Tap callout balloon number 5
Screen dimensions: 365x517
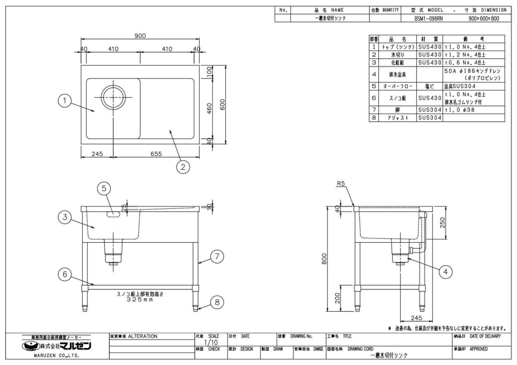click(x=104, y=188)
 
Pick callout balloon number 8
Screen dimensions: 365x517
click(x=217, y=302)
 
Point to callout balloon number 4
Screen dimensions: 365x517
click(x=446, y=272)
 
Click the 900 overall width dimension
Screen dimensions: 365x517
click(x=140, y=36)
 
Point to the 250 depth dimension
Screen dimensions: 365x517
click(x=443, y=222)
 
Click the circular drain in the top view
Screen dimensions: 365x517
click(x=113, y=97)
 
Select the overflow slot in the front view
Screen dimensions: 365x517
click(x=114, y=213)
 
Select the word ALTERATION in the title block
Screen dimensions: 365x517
click(x=143, y=336)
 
